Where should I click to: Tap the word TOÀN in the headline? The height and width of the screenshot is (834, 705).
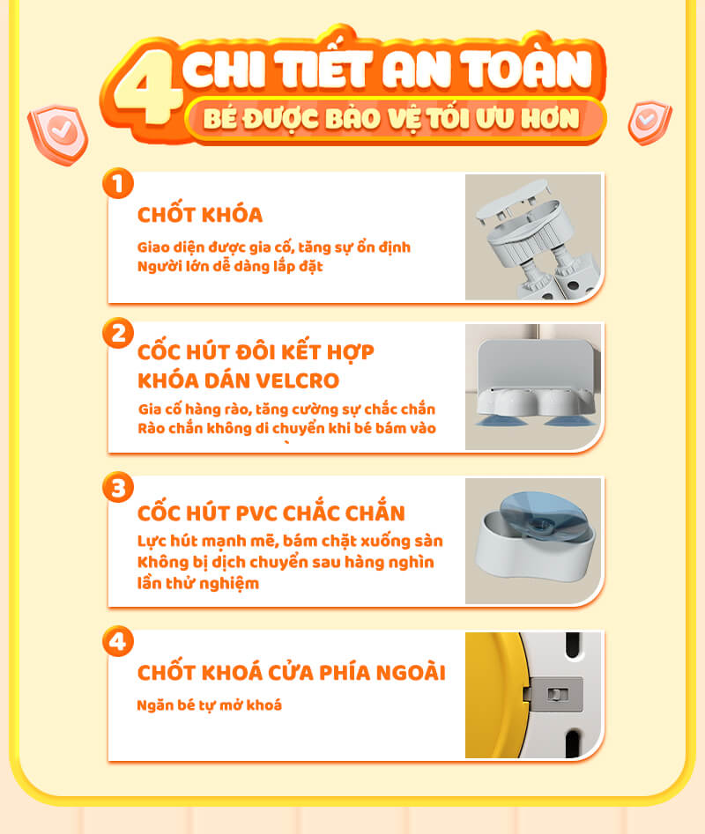point(526,69)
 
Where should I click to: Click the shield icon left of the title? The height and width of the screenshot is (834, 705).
point(58,134)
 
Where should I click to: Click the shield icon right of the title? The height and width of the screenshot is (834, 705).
point(649,122)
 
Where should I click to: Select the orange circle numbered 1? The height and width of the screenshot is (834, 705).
point(117,183)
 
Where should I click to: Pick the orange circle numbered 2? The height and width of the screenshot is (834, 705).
point(118,334)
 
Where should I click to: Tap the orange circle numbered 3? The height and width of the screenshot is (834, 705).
point(118,488)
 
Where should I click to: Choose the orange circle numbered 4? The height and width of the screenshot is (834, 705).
point(118,641)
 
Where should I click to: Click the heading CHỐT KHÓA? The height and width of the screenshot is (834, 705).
point(200,214)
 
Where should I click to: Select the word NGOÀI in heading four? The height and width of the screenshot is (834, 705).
point(411,673)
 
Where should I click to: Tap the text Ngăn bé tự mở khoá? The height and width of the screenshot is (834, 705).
point(209,705)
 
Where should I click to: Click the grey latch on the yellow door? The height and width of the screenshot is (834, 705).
point(554,694)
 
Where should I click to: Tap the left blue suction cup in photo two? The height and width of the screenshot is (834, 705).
point(501,421)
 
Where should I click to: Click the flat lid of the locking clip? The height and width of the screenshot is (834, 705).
point(512,199)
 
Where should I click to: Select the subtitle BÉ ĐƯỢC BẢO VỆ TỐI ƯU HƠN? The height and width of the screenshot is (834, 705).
point(391,118)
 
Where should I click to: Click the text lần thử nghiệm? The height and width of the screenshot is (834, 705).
point(198,583)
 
